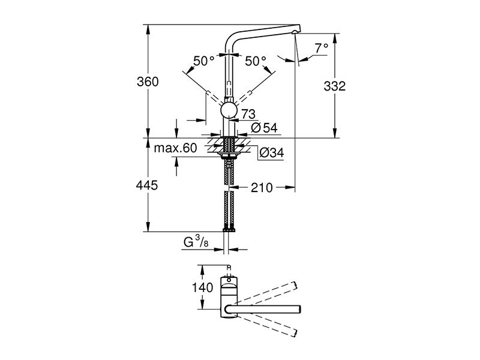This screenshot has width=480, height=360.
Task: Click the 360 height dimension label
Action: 148,82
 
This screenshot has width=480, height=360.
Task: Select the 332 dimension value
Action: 335,86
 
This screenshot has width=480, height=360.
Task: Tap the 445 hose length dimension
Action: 147,185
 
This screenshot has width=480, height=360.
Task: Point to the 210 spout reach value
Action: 262,187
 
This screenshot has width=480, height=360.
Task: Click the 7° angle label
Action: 321,49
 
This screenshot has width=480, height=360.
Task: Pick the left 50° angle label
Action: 203,61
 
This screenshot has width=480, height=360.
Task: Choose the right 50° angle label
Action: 256,61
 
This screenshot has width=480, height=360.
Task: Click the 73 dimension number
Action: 248,114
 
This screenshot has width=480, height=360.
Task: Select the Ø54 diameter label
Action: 264,128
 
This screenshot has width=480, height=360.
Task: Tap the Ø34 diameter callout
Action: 271,152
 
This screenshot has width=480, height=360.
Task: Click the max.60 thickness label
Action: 175,148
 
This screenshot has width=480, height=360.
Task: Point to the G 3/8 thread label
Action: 196,242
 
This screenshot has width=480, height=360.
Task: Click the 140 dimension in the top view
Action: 202,287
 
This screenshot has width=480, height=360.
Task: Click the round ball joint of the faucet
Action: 229,110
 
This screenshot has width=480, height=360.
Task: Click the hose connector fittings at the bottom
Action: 229,229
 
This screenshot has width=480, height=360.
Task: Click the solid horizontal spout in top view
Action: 263,310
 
